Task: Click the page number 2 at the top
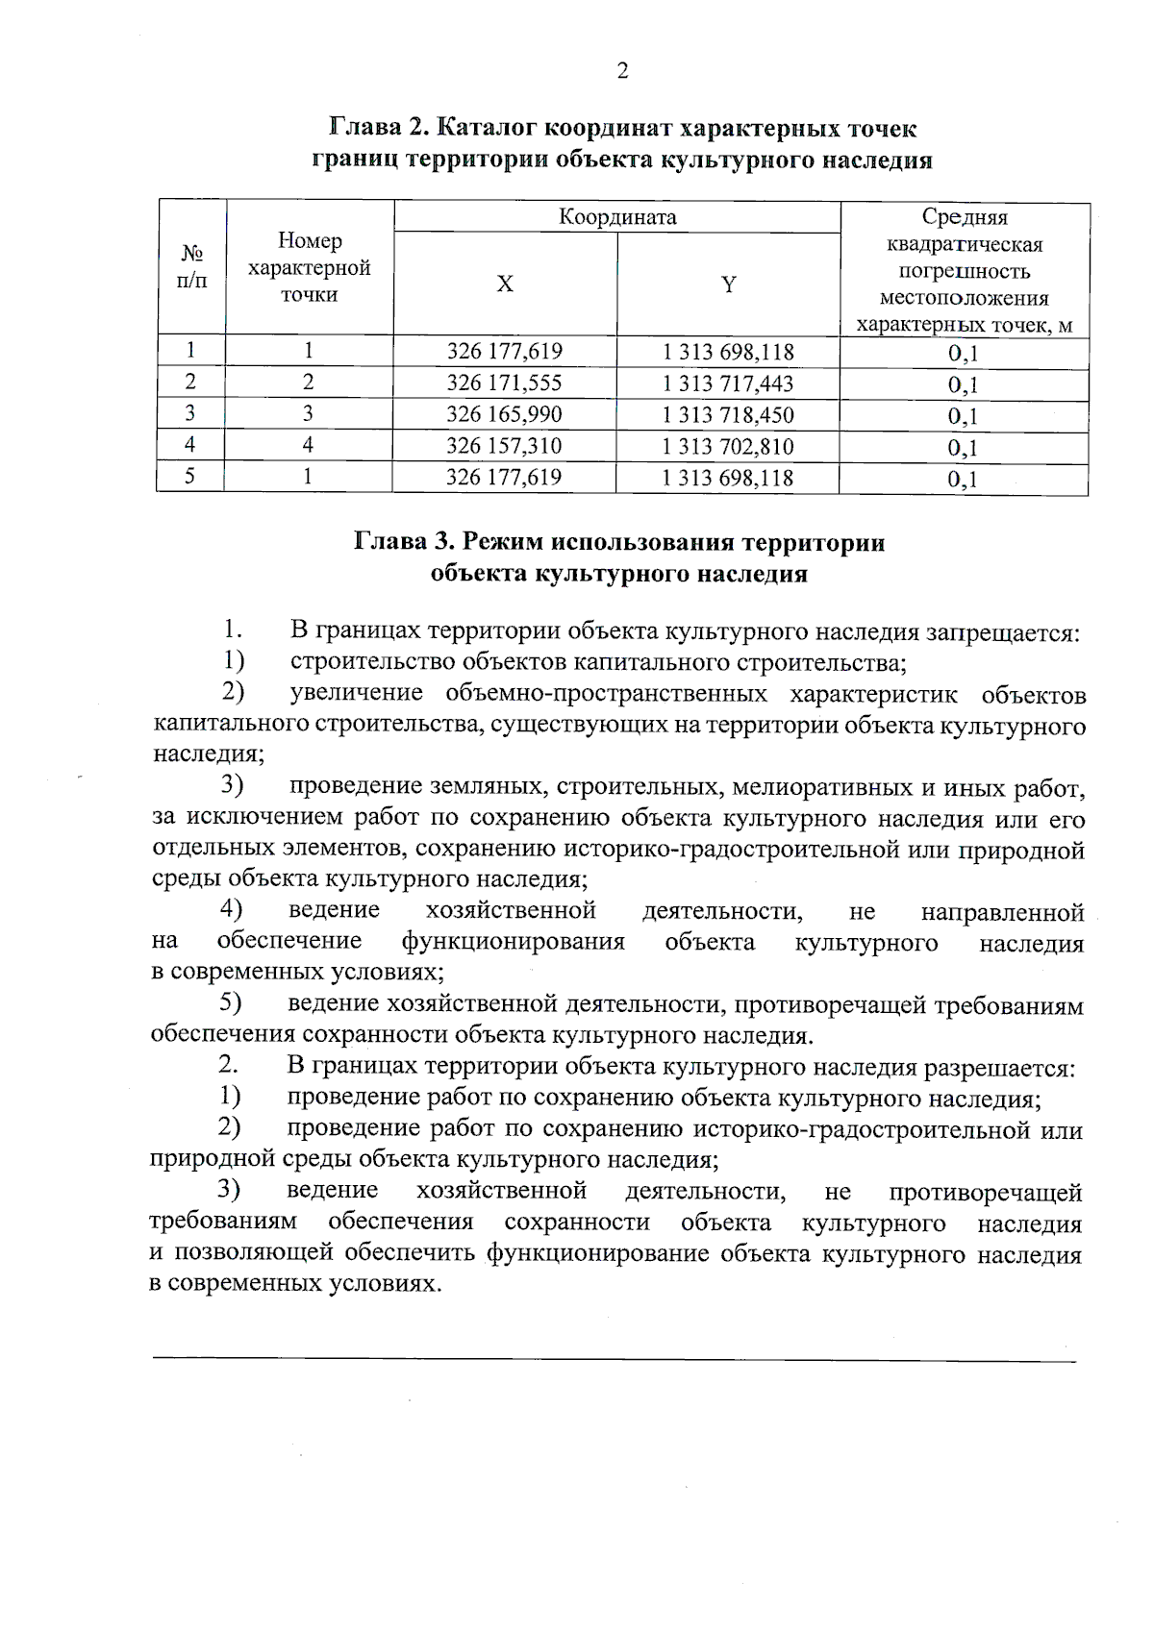pyautogui.click(x=622, y=72)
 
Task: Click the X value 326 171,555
pyautogui.click(x=504, y=383)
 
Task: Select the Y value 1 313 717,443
pyautogui.click(x=728, y=383)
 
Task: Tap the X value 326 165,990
pyautogui.click(x=504, y=414)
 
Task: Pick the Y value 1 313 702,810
pyautogui.click(x=728, y=446)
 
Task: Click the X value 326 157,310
pyautogui.click(x=504, y=446)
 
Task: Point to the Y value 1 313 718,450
pyautogui.click(x=728, y=414)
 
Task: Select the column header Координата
pyautogui.click(x=617, y=217)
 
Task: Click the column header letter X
pyautogui.click(x=505, y=284)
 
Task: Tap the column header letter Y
pyautogui.click(x=729, y=284)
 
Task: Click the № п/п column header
pyautogui.click(x=192, y=267)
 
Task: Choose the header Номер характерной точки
pyautogui.click(x=310, y=267)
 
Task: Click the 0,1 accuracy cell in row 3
pyautogui.click(x=963, y=415)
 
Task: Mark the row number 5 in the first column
pyautogui.click(x=190, y=477)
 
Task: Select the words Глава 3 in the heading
pyautogui.click(x=403, y=542)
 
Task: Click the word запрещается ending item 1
pyautogui.click(x=1002, y=633)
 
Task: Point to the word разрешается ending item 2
pyautogui.click(x=998, y=1068)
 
